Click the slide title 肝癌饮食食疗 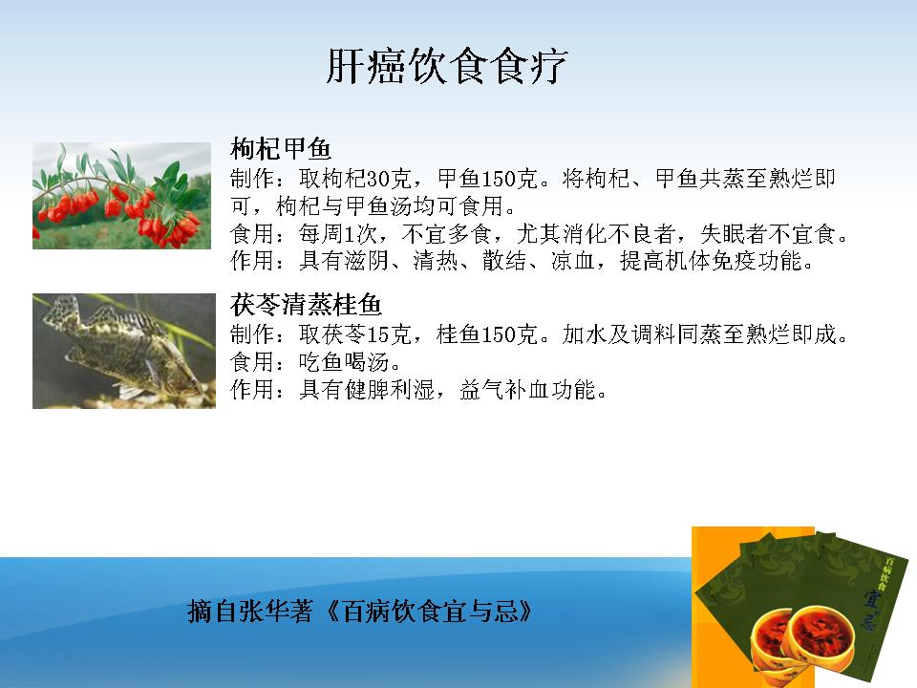tap(446, 66)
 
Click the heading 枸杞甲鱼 tap(281, 149)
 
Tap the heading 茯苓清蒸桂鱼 tap(306, 305)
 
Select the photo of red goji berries tap(121, 195)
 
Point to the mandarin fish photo tap(124, 351)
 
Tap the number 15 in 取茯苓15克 tap(378, 334)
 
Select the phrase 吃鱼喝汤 tap(345, 362)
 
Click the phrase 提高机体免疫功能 tap(711, 260)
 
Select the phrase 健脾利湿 tap(390, 390)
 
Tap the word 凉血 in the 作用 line tap(573, 260)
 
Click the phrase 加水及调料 tap(619, 334)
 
